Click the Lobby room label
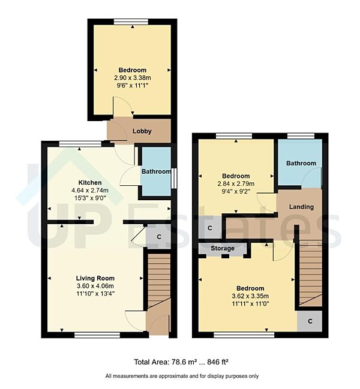[142, 131]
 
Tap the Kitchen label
[89, 182]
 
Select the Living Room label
[95, 278]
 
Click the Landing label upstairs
[301, 207]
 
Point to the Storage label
[222, 248]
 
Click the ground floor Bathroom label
[156, 172]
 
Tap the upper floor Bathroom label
[301, 163]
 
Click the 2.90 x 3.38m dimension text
[132, 79]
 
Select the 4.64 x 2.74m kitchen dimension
[89, 191]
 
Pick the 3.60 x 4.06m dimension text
[95, 286]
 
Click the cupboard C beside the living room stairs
[158, 237]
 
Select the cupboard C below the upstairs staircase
[310, 321]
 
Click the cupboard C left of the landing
[210, 228]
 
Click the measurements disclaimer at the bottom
[181, 376]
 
